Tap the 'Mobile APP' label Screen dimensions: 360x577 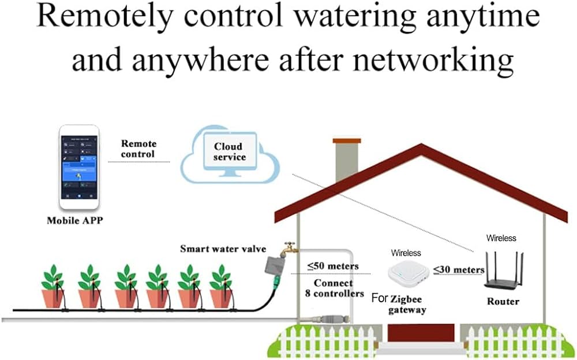(x=74, y=220)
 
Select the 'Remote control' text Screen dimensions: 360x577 (x=138, y=149)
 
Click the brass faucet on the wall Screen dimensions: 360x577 (x=288, y=249)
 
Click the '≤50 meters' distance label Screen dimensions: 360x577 (x=333, y=266)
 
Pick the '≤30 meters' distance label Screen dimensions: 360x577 (x=459, y=269)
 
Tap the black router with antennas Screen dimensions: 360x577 (x=503, y=276)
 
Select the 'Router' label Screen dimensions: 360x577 (x=503, y=301)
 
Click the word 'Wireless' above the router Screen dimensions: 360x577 (x=501, y=238)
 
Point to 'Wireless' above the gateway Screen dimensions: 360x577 (x=406, y=253)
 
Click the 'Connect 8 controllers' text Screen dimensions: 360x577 (x=333, y=288)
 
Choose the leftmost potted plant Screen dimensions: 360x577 (x=54, y=288)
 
